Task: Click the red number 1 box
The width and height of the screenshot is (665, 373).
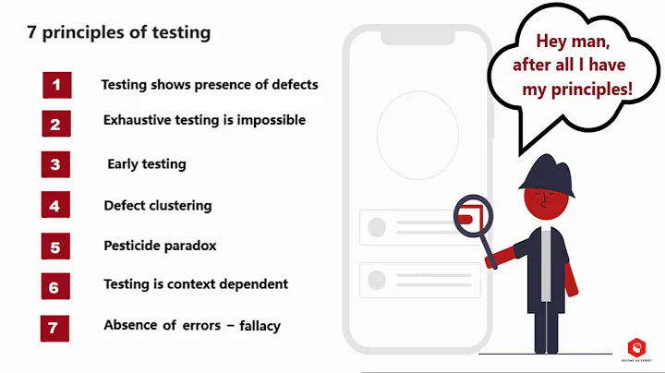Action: click(56, 85)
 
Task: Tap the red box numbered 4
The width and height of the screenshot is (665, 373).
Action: click(55, 206)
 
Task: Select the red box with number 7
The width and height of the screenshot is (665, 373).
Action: click(54, 328)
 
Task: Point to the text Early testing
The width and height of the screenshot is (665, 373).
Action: click(147, 164)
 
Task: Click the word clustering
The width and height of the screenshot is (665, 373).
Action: click(182, 206)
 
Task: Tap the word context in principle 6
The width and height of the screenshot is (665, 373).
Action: click(192, 284)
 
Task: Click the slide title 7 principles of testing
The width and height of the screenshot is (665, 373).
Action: click(117, 33)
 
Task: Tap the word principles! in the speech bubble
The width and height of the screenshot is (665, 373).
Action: click(591, 90)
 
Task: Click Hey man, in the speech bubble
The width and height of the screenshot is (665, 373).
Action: click(573, 42)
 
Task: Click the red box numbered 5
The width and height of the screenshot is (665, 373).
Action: click(55, 247)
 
